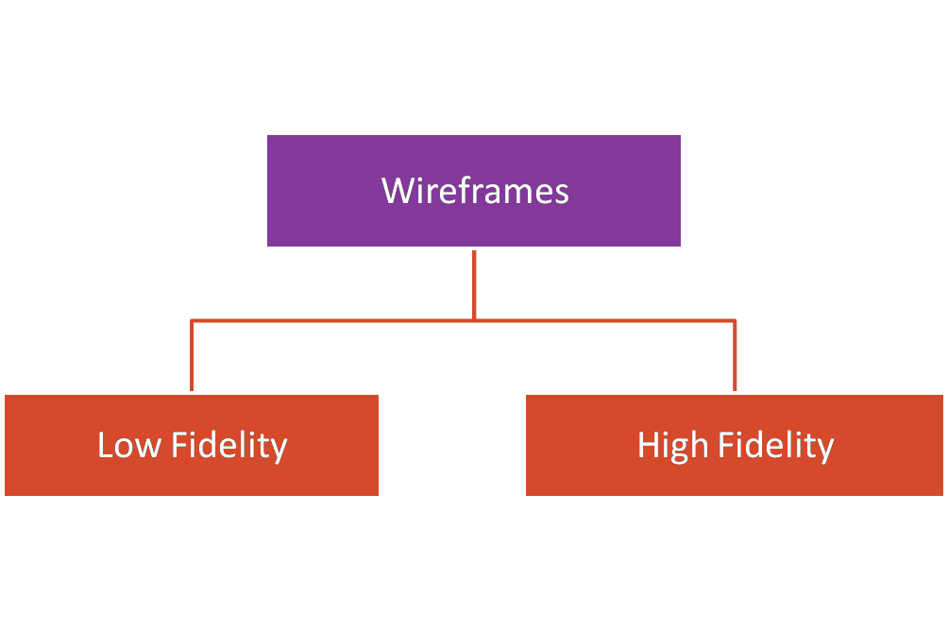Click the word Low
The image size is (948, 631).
129,445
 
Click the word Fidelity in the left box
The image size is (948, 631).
229,445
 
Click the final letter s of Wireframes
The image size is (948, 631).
562,193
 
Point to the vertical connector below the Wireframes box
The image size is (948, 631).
474,283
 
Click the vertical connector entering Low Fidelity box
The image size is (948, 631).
192,357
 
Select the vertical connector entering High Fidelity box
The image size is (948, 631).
735,357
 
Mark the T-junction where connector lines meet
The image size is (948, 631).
474,321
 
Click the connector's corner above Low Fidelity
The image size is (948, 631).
192,321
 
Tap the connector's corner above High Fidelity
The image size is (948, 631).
735,321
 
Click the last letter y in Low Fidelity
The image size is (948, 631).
279,449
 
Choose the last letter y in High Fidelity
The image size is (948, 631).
826,449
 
